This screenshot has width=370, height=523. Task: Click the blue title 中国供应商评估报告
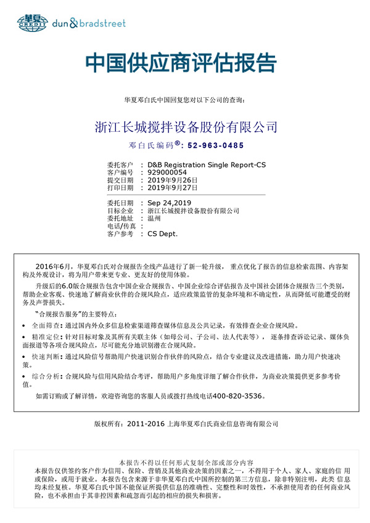point(181,63)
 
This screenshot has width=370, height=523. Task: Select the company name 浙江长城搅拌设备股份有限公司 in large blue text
point(186,128)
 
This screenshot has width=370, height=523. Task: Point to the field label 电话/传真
point(120,226)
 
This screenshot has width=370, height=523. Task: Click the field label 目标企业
point(120,211)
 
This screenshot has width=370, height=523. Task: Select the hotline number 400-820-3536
point(237,396)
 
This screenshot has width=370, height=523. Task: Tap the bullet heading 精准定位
point(47,337)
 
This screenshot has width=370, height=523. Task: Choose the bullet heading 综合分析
point(47,375)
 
